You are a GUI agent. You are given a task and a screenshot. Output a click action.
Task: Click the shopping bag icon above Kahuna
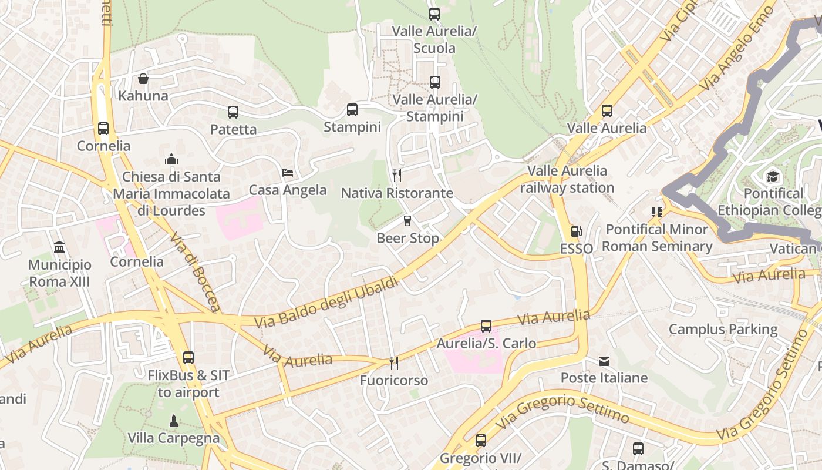click(x=143, y=79)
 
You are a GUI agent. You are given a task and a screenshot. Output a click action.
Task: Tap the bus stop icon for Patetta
click(x=233, y=112)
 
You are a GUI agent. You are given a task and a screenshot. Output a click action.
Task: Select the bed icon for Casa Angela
click(x=288, y=173)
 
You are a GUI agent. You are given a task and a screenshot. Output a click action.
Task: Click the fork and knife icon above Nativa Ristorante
click(x=397, y=176)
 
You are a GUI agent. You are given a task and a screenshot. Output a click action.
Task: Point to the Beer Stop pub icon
click(x=407, y=221)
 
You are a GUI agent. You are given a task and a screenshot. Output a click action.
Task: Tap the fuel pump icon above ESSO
click(x=576, y=232)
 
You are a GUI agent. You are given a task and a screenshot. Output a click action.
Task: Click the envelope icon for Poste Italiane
click(x=604, y=361)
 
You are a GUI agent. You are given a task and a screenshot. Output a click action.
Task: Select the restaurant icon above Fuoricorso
click(x=394, y=363)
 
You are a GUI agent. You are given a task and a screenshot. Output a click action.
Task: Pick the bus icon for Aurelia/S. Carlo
click(x=486, y=326)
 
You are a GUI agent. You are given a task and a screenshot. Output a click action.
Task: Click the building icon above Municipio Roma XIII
click(x=59, y=247)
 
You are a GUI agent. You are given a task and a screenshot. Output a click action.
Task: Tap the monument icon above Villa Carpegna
click(x=173, y=421)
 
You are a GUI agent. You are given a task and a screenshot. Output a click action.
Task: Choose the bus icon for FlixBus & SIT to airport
click(x=188, y=357)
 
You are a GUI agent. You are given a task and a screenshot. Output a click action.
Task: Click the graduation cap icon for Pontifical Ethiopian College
click(x=773, y=176)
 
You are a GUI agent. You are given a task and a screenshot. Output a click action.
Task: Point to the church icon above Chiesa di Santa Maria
click(x=171, y=159)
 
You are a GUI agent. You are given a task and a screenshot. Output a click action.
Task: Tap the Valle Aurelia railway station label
click(x=567, y=179)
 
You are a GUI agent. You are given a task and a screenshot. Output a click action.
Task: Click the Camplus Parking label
click(x=723, y=330)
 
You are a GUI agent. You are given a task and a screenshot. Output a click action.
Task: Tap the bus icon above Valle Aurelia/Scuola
click(x=434, y=14)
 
